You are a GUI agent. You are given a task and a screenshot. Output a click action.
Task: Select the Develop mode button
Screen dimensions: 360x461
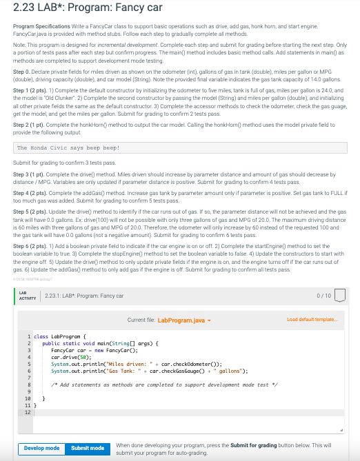point(41,448)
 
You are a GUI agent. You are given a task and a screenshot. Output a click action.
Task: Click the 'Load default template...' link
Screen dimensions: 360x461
point(312,319)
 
